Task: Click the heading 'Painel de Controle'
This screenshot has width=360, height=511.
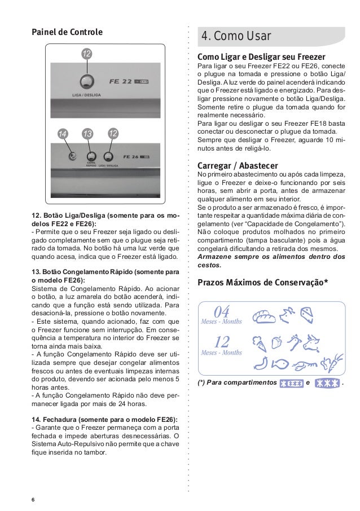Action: (x=67, y=32)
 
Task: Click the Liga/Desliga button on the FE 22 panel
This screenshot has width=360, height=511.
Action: (x=86, y=82)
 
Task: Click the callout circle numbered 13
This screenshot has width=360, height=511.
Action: (x=87, y=133)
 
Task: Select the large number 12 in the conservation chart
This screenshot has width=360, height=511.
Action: (x=222, y=342)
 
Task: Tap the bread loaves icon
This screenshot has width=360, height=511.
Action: (x=264, y=316)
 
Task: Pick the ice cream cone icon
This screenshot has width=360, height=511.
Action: (x=260, y=342)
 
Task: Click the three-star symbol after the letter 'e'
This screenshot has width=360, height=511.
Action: (x=327, y=383)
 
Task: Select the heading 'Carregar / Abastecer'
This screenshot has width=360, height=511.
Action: (x=237, y=166)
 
